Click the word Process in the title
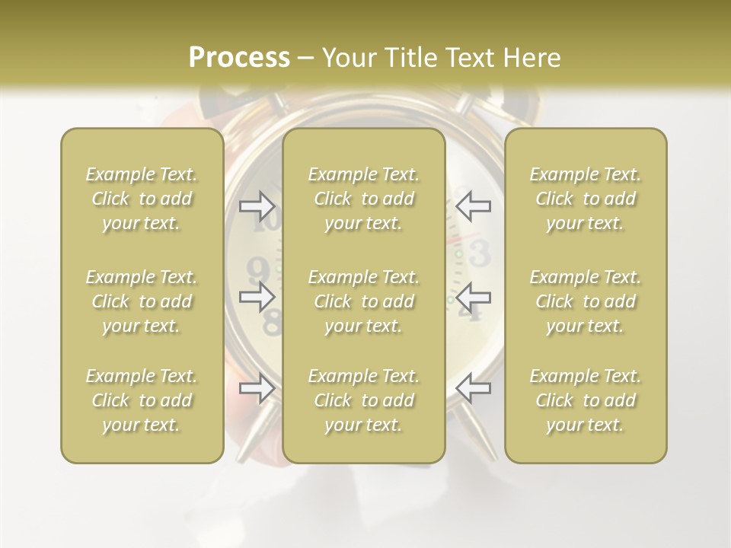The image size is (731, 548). (x=239, y=58)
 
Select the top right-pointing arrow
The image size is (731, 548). (x=257, y=204)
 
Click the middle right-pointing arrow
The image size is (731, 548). (x=257, y=297)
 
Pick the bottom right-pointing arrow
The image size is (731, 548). (x=257, y=388)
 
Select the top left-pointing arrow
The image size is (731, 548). (x=474, y=204)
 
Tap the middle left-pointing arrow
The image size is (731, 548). (x=474, y=297)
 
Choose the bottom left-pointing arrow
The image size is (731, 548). (x=474, y=388)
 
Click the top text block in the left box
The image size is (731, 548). (x=142, y=199)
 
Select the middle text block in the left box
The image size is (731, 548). (x=142, y=301)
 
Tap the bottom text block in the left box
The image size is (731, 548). (x=142, y=400)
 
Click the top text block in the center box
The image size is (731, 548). (x=364, y=199)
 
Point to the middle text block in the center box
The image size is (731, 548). (x=364, y=301)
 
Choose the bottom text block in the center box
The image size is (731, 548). (x=364, y=400)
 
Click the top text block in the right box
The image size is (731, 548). (x=586, y=199)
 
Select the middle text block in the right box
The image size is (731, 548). (x=586, y=301)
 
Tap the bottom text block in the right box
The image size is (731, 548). (x=586, y=400)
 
